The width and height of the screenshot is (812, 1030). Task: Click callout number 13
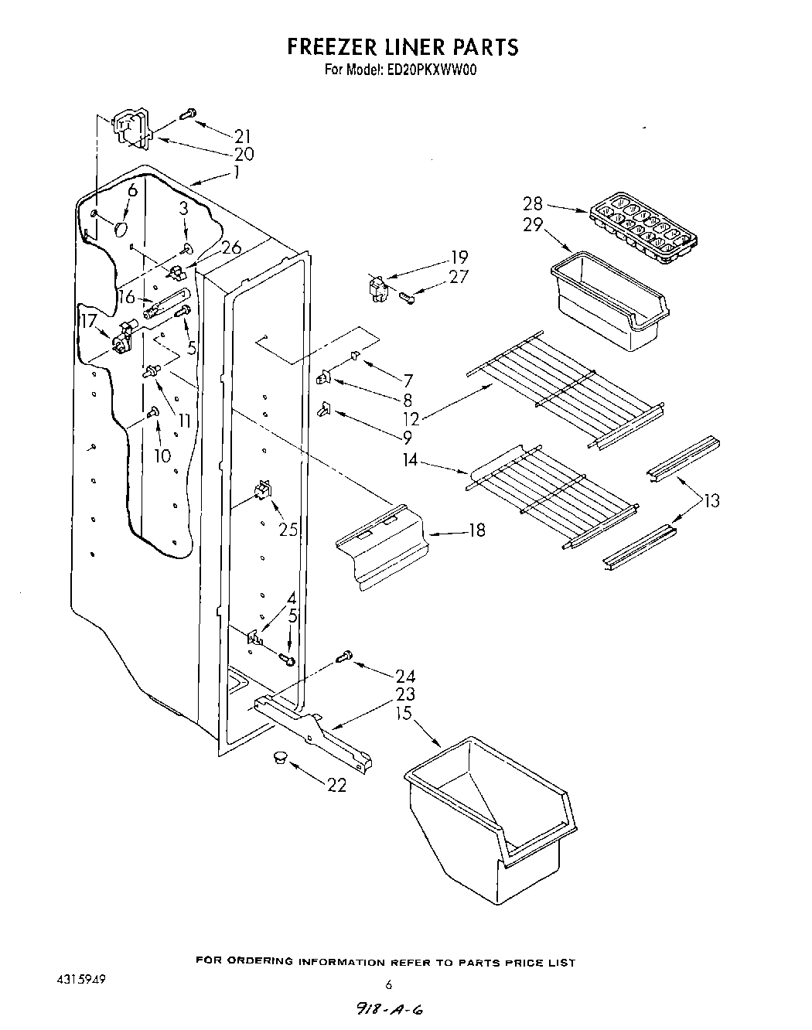tap(711, 500)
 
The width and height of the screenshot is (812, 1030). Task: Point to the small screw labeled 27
tap(408, 294)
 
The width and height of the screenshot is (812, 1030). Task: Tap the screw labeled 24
tap(344, 657)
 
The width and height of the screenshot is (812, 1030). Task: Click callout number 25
tap(288, 530)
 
